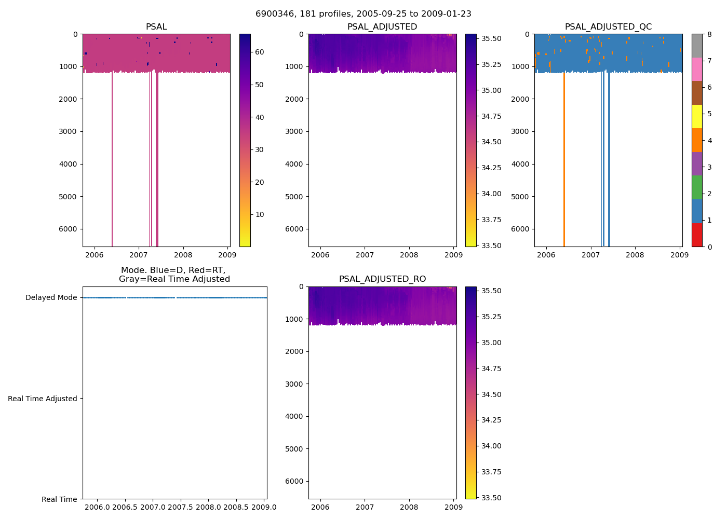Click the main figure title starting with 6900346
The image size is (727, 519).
tap(363, 14)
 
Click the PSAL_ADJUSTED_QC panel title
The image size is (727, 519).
tap(608, 27)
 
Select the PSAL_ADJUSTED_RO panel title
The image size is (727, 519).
tap(382, 279)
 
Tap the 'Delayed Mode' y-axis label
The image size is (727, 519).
tap(51, 297)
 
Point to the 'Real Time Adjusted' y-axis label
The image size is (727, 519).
tap(43, 399)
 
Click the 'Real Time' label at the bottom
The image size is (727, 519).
tap(59, 499)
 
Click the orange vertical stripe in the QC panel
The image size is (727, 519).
tap(564, 156)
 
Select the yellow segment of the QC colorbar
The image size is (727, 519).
tap(697, 116)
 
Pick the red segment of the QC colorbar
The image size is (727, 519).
tap(697, 235)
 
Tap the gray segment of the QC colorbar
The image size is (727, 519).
tap(697, 46)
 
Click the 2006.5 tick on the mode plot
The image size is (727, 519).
tap(125, 507)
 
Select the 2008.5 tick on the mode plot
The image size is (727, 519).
tap(236, 507)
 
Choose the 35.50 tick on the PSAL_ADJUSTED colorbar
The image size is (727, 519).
tap(491, 38)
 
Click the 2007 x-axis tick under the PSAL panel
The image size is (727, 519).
tap(139, 255)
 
